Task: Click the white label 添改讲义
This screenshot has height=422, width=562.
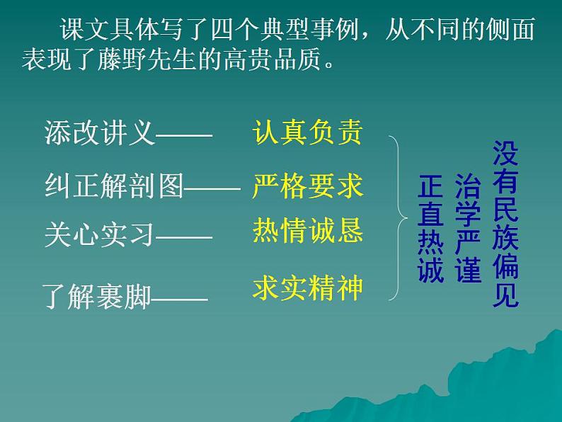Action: click(99, 132)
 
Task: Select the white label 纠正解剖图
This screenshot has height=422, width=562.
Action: click(113, 186)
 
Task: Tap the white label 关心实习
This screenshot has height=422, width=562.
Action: click(99, 234)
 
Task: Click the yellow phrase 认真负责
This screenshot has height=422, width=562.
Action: click(307, 132)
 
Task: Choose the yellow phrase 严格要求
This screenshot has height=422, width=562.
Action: click(307, 186)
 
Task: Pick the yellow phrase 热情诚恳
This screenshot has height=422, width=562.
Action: click(307, 231)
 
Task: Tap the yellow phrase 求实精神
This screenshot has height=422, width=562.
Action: click(307, 288)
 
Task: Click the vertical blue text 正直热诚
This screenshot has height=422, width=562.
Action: click(430, 229)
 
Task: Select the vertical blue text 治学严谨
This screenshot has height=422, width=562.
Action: click(468, 228)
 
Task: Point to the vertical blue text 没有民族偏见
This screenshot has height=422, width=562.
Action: click(505, 224)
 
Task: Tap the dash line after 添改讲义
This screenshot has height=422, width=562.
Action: click(184, 135)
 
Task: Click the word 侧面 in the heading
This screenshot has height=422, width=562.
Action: click(515, 30)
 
